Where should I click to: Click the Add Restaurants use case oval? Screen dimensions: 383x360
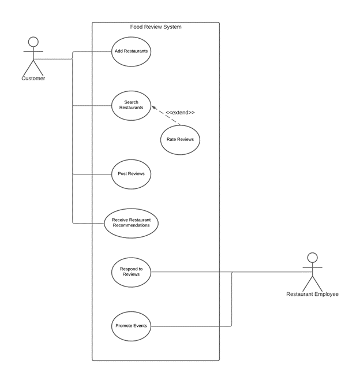pyautogui.click(x=131, y=51)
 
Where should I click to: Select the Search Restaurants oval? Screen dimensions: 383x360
pyautogui.click(x=131, y=105)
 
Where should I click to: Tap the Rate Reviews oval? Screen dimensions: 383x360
pyautogui.click(x=180, y=139)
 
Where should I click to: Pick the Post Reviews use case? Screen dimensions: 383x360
pyautogui.click(x=131, y=173)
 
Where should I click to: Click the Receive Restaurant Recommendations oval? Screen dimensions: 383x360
pyautogui.click(x=131, y=222)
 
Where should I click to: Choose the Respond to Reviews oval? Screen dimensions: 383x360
pyautogui.click(x=131, y=272)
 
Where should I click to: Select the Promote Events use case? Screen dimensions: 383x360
pyautogui.click(x=131, y=326)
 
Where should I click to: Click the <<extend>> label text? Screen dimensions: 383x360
pyautogui.click(x=180, y=112)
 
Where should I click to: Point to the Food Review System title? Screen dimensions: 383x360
pyautogui.click(x=156, y=27)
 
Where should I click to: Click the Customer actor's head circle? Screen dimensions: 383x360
pyautogui.click(x=33, y=42)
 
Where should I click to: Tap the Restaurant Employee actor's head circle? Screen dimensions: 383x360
pyautogui.click(x=313, y=258)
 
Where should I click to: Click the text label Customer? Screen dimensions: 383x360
pyautogui.click(x=33, y=79)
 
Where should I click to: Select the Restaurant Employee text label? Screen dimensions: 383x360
pyautogui.click(x=312, y=294)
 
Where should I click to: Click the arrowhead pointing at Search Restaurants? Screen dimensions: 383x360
pyautogui.click(x=153, y=107)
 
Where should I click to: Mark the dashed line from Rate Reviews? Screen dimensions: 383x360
pyautogui.click(x=167, y=117)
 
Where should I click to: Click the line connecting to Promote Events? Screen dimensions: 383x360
pyautogui.click(x=190, y=326)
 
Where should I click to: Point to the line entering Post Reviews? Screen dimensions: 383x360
pyautogui.click(x=92, y=173)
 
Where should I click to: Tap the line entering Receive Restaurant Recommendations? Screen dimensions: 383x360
pyautogui.click(x=88, y=222)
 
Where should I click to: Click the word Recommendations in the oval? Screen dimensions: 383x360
pyautogui.click(x=131, y=225)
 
